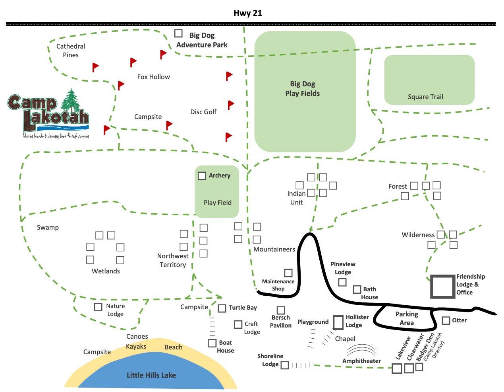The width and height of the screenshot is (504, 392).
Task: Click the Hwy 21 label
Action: click(x=248, y=13)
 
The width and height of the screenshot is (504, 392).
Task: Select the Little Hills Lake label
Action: click(x=151, y=375)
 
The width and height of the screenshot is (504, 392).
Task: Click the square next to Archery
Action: click(x=202, y=176)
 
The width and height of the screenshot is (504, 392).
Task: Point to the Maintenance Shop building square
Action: click(x=288, y=273)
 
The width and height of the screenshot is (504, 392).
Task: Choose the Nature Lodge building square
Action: click(x=98, y=307)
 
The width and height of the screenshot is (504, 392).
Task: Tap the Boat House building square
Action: click(x=212, y=343)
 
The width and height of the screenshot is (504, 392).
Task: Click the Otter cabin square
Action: click(x=446, y=321)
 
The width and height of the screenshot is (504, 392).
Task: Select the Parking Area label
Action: click(x=407, y=318)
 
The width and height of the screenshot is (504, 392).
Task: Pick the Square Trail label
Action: click(x=425, y=97)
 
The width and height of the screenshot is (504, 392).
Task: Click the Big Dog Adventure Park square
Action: click(x=178, y=33)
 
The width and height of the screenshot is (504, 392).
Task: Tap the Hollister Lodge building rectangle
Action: click(x=338, y=322)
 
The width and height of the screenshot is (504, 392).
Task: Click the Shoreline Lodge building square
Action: click(x=285, y=365)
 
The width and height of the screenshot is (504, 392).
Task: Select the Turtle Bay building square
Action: click(x=222, y=308)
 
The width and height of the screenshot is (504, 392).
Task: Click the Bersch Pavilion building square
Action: click(x=281, y=310)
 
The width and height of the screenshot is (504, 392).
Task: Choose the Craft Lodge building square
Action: click(x=238, y=325)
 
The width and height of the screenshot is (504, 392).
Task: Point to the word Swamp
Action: click(x=48, y=228)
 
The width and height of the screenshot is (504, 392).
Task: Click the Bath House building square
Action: click(x=357, y=290)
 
